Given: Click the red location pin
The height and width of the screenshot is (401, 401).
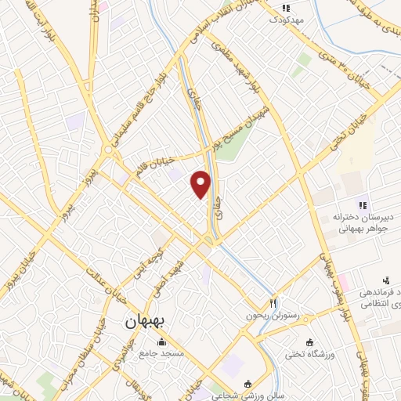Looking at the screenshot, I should coord(201,184).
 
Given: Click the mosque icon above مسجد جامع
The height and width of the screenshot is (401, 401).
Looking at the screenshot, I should coord(161,342).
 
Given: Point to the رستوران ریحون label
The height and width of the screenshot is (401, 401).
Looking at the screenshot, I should coord(273,315).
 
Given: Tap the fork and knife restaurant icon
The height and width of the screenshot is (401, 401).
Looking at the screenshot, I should coord(273,302).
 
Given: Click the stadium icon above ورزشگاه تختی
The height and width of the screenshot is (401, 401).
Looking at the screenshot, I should coord(310,342).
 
